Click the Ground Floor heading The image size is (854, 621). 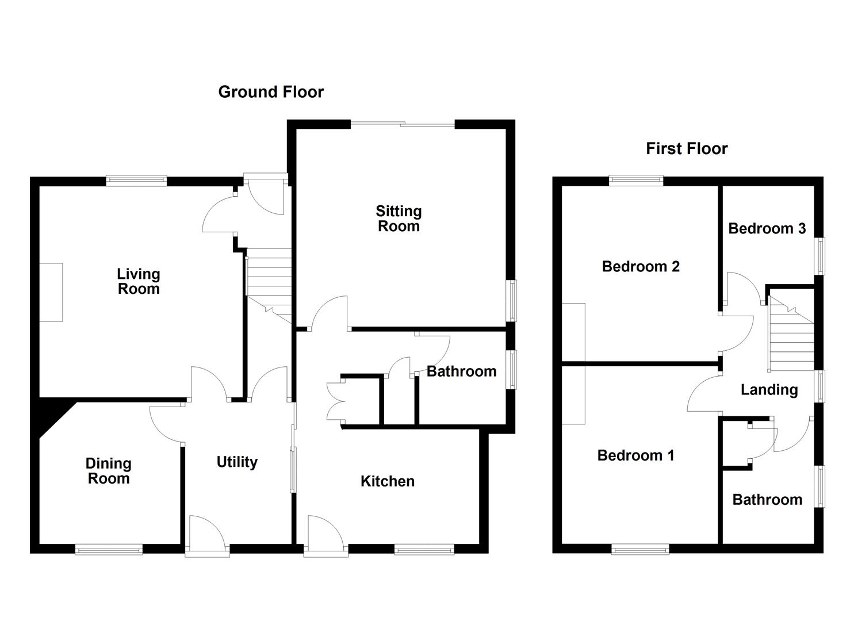(x=271, y=92)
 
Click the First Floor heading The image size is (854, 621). (x=687, y=149)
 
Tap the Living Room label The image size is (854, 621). (x=139, y=282)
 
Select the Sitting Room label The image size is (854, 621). (x=399, y=219)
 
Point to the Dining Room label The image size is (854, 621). (x=109, y=471)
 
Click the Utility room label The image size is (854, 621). (x=237, y=462)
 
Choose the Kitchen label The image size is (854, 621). (x=388, y=481)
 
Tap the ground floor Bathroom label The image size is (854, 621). (x=461, y=371)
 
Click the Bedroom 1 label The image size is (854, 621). (x=635, y=456)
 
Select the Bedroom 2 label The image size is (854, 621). (x=641, y=267)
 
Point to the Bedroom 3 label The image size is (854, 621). (x=767, y=229)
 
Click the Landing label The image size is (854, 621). (x=769, y=390)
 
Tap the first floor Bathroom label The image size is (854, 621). (x=767, y=500)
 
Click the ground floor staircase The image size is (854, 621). (x=269, y=276)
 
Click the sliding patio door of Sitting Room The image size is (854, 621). (x=403, y=124)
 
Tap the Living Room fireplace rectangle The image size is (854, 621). (x=51, y=292)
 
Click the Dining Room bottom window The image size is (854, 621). (x=109, y=550)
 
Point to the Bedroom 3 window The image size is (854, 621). (x=821, y=256)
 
